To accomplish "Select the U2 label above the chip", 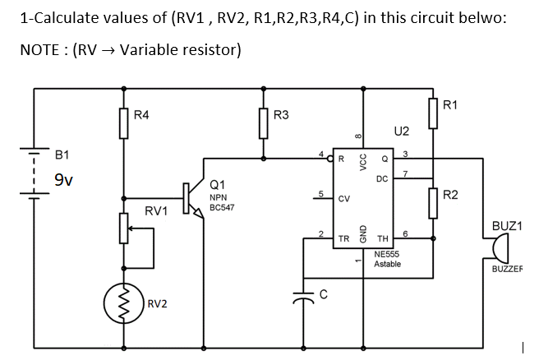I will point(402,130).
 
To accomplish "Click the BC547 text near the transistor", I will point(222,208).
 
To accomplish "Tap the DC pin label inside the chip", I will point(381,179).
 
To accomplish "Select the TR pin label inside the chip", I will point(344,239).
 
